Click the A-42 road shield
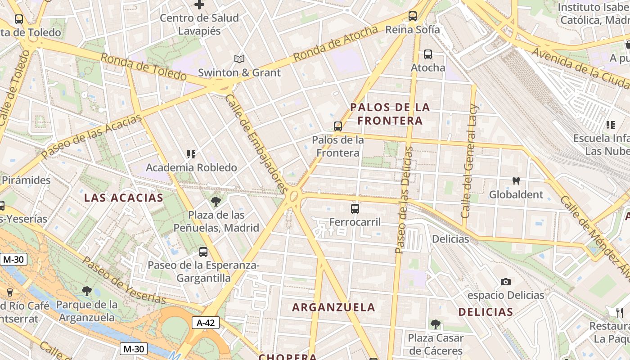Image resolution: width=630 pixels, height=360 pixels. tap(206, 322)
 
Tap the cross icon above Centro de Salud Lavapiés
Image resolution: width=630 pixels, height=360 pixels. tap(199, 5)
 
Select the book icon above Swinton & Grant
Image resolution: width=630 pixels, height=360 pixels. tap(239, 59)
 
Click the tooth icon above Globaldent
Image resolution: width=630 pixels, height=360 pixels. tap(516, 181)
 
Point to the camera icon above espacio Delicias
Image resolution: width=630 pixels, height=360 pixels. tap(506, 282)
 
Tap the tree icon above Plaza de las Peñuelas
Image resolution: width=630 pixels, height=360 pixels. tap(216, 201)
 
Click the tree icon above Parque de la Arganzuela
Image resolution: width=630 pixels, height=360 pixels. tap(87, 291)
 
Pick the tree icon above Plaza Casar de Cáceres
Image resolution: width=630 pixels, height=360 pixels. tap(435, 324)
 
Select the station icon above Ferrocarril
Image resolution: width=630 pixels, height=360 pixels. tap(355, 208)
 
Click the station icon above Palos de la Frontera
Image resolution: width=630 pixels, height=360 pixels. tap(338, 126)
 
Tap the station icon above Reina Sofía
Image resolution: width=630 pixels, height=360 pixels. tap(413, 17)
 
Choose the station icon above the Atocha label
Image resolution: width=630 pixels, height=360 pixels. tap(428, 54)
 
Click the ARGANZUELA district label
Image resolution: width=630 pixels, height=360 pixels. tap(333, 307)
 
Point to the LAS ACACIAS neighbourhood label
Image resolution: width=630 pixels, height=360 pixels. tap(124, 198)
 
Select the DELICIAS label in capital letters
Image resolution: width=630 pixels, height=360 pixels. tap(486, 312)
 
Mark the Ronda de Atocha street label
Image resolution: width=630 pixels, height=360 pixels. tap(335, 44)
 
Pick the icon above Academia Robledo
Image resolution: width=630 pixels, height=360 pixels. tap(191, 154)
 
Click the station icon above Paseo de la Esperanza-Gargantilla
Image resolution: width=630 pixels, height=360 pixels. tap(203, 252)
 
